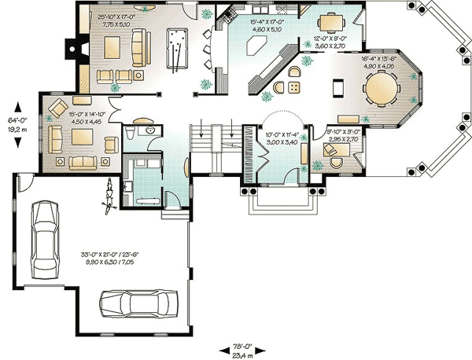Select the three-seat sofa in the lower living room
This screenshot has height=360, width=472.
click(82, 163)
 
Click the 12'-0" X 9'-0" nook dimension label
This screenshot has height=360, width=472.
click(330, 42)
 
